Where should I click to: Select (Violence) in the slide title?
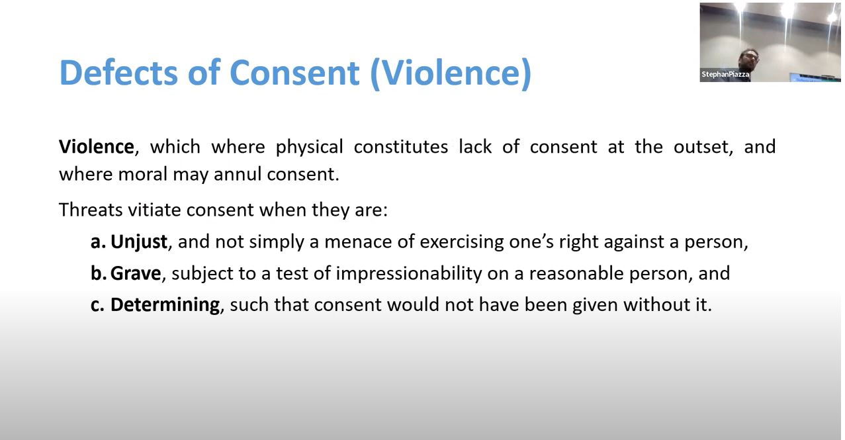(x=450, y=72)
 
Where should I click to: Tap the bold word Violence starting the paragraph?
(x=97, y=146)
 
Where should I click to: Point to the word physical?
(x=309, y=146)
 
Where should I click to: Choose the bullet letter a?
(x=98, y=242)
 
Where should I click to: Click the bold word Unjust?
(x=138, y=242)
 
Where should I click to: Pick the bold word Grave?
(x=136, y=273)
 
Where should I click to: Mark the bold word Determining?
(x=165, y=304)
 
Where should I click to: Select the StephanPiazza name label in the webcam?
(x=725, y=75)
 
